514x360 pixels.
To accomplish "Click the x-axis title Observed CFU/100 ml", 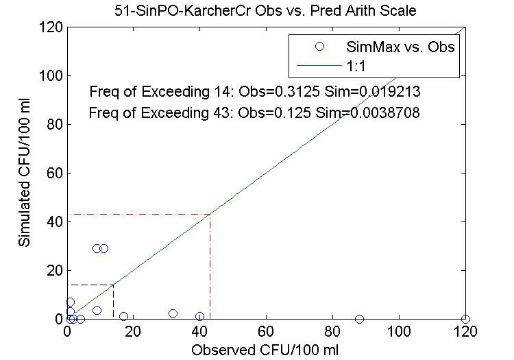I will [265, 349].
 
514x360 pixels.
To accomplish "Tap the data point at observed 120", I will [465, 319].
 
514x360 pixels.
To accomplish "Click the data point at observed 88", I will [359, 319].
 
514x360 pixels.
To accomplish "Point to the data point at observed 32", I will [173, 314].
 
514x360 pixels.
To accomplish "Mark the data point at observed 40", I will [199, 316].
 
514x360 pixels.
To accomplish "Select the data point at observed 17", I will [123, 316].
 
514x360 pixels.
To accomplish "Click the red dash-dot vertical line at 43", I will [210, 267].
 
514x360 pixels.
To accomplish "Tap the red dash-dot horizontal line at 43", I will [137, 214].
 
